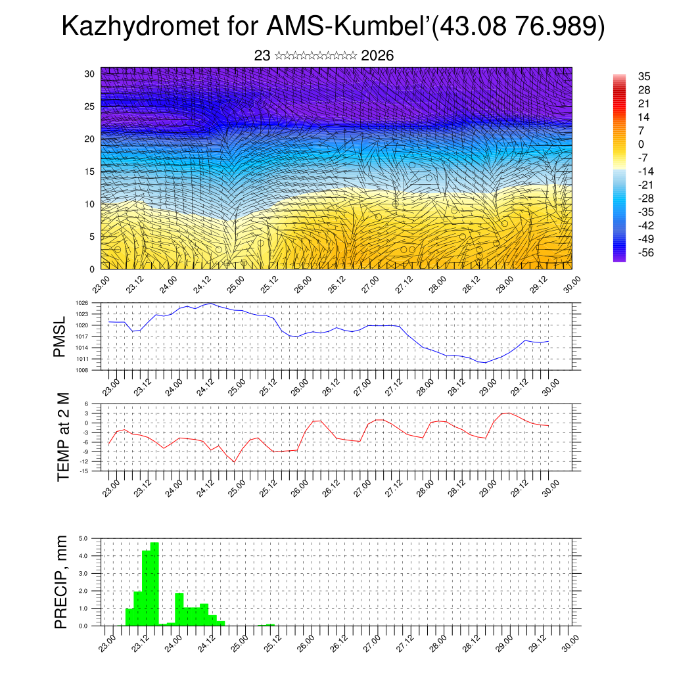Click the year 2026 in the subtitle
pos(377,56)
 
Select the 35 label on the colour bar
pos(644,76)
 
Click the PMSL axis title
pos(60,336)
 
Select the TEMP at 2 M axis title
pos(63,438)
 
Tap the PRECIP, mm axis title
pos(61,581)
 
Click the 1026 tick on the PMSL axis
pos(82,303)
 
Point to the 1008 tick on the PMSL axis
pos(82,370)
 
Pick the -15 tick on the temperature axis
pos(85,471)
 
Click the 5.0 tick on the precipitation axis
pos(83,538)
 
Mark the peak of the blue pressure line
pos(210,303)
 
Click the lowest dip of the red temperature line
pos(234,462)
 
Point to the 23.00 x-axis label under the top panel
pos(102,287)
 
